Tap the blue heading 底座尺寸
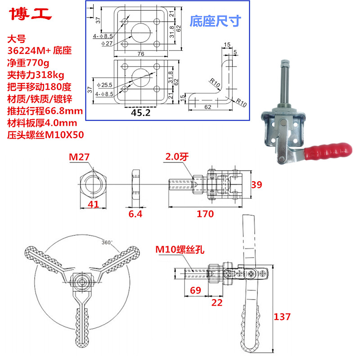(216, 21)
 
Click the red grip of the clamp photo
(330, 151)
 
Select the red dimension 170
(205, 214)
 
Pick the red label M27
(79, 157)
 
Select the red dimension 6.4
(135, 214)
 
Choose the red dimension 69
(195, 290)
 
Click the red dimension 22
(217, 303)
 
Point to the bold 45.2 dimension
(141, 112)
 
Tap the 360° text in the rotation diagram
(107, 243)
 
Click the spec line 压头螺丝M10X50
(45, 134)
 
